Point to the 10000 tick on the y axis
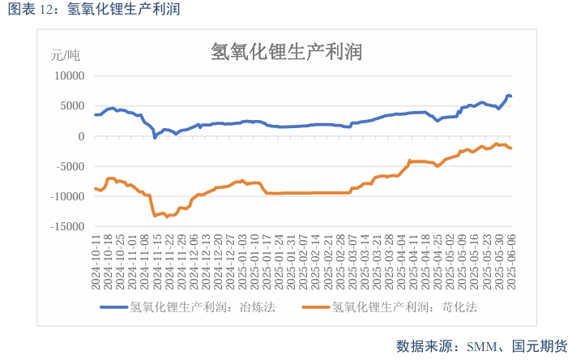pos(69,75)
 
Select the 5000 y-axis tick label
pos(72,105)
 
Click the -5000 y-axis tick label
pos(70,166)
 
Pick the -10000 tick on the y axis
pos(68,196)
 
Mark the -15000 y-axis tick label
pos(68,227)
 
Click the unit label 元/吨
pos(66,56)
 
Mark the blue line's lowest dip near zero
pos(155,138)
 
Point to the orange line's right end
pos(510,148)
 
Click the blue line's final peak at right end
pos(508,96)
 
